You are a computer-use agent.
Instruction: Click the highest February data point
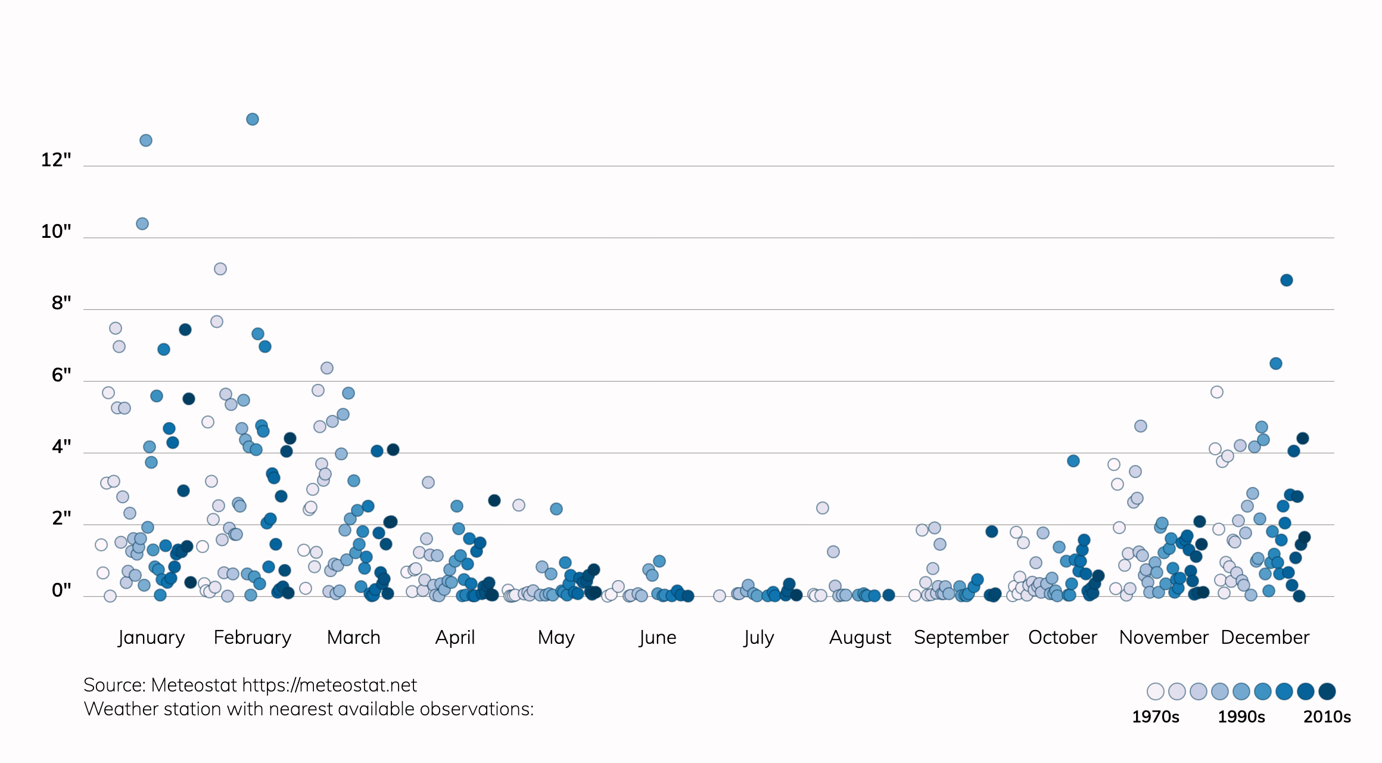[253, 119]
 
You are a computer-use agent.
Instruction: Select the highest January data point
[146, 141]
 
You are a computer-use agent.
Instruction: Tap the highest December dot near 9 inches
[1287, 280]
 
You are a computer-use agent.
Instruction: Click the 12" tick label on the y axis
[56, 160]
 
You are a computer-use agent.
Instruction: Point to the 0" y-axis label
[61, 590]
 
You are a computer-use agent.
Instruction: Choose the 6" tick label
[61, 375]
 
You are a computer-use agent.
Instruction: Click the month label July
[758, 637]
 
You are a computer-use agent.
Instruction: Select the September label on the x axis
[961, 637]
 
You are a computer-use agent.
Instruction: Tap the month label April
[455, 637]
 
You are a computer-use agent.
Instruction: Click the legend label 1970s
[1156, 717]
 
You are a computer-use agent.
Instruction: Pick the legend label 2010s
[1327, 717]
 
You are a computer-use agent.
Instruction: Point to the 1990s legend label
[1241, 717]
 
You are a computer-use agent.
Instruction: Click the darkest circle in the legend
[1327, 691]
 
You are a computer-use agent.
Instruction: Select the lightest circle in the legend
[1156, 691]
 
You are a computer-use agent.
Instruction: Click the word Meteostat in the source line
[194, 685]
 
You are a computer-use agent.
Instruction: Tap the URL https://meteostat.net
[329, 685]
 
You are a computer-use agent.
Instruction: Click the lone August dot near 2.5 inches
[823, 508]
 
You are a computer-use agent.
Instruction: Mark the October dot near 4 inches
[1073, 461]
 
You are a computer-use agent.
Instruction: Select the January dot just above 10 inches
[142, 224]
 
